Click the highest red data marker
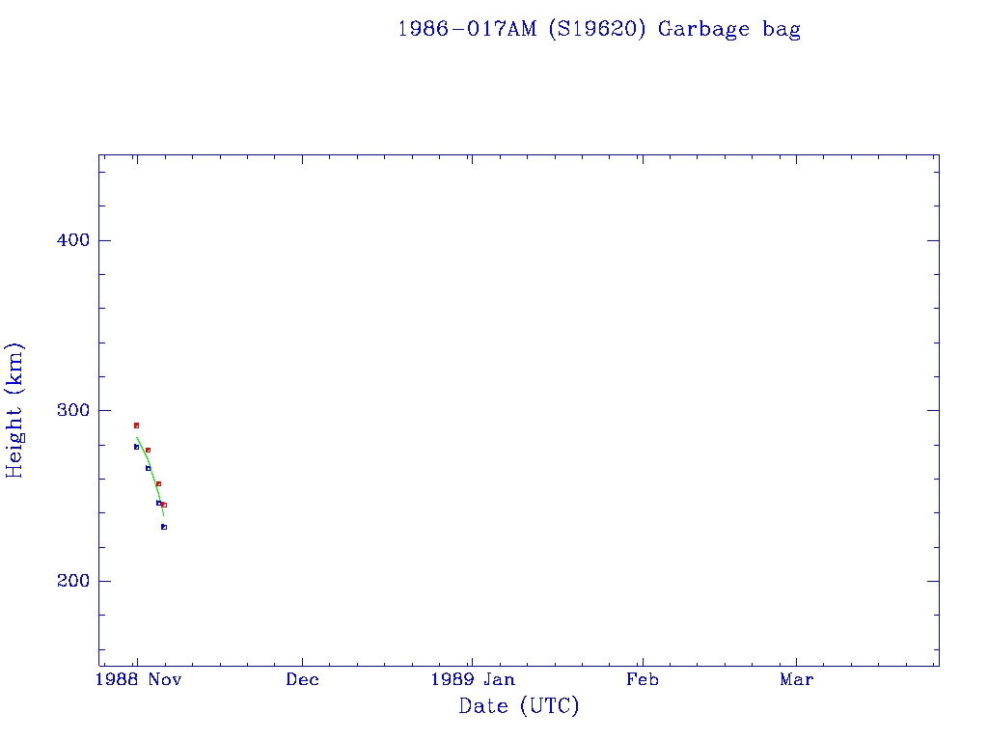[136, 425]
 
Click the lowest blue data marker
[164, 527]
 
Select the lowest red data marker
[164, 505]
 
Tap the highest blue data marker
[136, 447]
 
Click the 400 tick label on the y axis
[68, 240]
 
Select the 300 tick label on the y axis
[68, 410]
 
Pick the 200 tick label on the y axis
[68, 581]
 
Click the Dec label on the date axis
[302, 679]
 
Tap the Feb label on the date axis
[642, 679]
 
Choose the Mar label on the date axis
[797, 679]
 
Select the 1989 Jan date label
[472, 679]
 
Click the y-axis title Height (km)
[15, 410]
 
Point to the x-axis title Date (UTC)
[519, 706]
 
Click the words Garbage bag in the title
[729, 29]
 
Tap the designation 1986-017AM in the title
[468, 29]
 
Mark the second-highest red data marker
[148, 450]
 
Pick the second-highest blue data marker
[148, 468]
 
